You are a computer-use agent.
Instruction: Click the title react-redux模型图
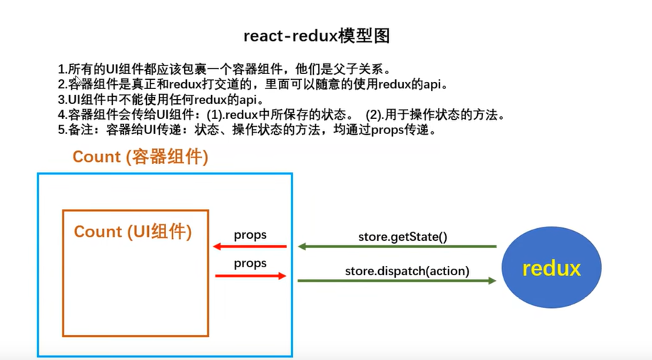[317, 36]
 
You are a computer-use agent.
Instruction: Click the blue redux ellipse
[551, 267]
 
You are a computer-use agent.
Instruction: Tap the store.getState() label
[402, 237]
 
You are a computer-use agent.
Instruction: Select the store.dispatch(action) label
[407, 271]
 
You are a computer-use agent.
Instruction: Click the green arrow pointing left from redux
[397, 247]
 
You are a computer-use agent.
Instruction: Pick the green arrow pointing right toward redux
[397, 281]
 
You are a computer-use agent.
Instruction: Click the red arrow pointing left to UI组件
[250, 247]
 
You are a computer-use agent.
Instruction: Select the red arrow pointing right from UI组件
[250, 276]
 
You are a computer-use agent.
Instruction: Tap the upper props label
[250, 235]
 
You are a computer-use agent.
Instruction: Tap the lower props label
[250, 264]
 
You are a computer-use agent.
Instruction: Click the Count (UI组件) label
[133, 232]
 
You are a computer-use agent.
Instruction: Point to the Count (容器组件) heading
[140, 157]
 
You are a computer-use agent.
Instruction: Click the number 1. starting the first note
[63, 69]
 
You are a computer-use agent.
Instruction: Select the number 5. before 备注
[63, 130]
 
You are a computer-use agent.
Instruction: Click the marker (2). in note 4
[375, 115]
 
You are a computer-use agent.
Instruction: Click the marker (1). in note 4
[215, 115]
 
